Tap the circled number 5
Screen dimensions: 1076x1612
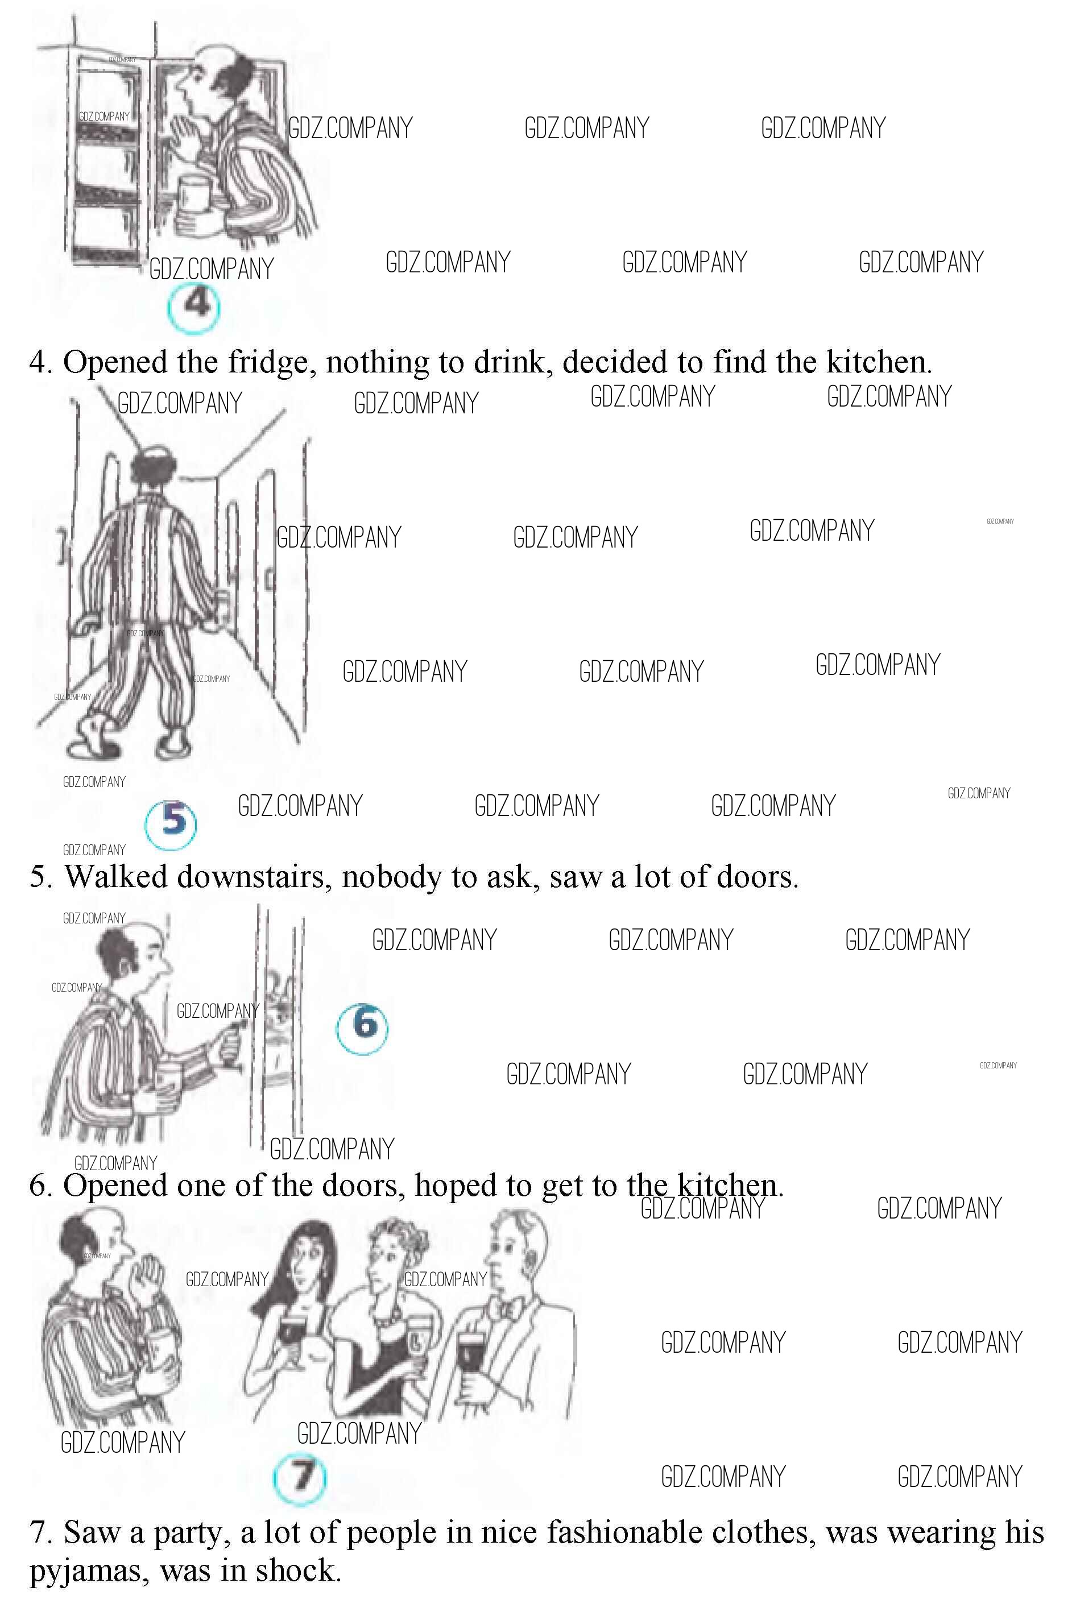point(171,824)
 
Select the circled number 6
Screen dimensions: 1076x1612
point(362,1027)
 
